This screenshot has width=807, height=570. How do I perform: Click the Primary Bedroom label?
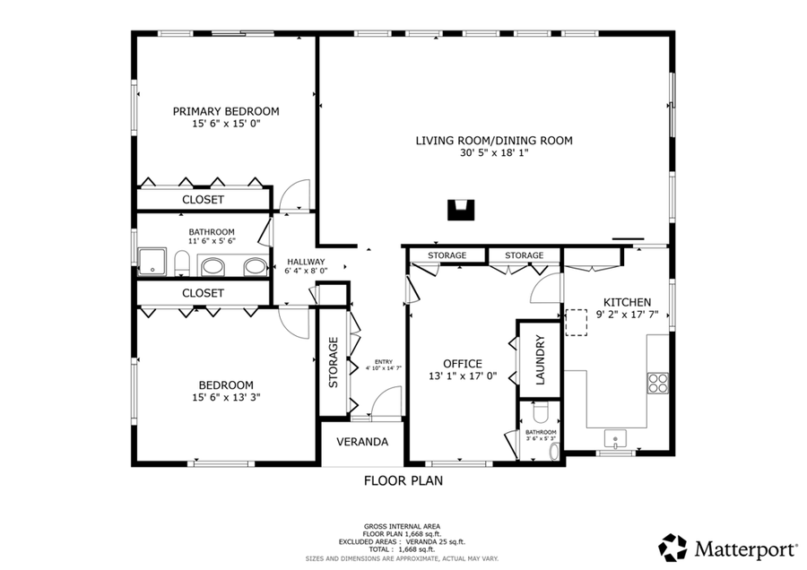(x=226, y=111)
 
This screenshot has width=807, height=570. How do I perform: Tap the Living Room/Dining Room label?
(x=493, y=140)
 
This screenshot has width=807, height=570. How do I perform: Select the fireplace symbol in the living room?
(x=460, y=210)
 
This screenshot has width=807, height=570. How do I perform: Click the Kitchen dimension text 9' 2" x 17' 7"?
(x=627, y=315)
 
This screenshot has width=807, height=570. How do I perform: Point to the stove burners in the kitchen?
(x=658, y=383)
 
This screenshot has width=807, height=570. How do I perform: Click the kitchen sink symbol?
(x=615, y=439)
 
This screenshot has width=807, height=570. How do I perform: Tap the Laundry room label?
(x=540, y=359)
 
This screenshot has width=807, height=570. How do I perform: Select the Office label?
(x=462, y=363)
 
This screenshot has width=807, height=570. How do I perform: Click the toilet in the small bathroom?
(x=540, y=413)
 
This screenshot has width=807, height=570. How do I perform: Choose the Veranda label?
(x=362, y=442)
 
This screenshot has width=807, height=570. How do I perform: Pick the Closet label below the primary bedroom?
(x=203, y=199)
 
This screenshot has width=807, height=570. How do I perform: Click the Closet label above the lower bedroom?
(x=203, y=293)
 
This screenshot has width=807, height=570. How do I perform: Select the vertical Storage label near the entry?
(x=333, y=362)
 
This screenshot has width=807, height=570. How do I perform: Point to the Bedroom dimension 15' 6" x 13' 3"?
(x=226, y=396)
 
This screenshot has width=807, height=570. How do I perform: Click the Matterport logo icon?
(x=672, y=546)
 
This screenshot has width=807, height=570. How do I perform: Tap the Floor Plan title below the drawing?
(x=403, y=480)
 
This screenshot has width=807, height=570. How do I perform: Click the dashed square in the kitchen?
(x=575, y=323)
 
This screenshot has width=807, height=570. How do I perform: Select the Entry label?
(x=383, y=362)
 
